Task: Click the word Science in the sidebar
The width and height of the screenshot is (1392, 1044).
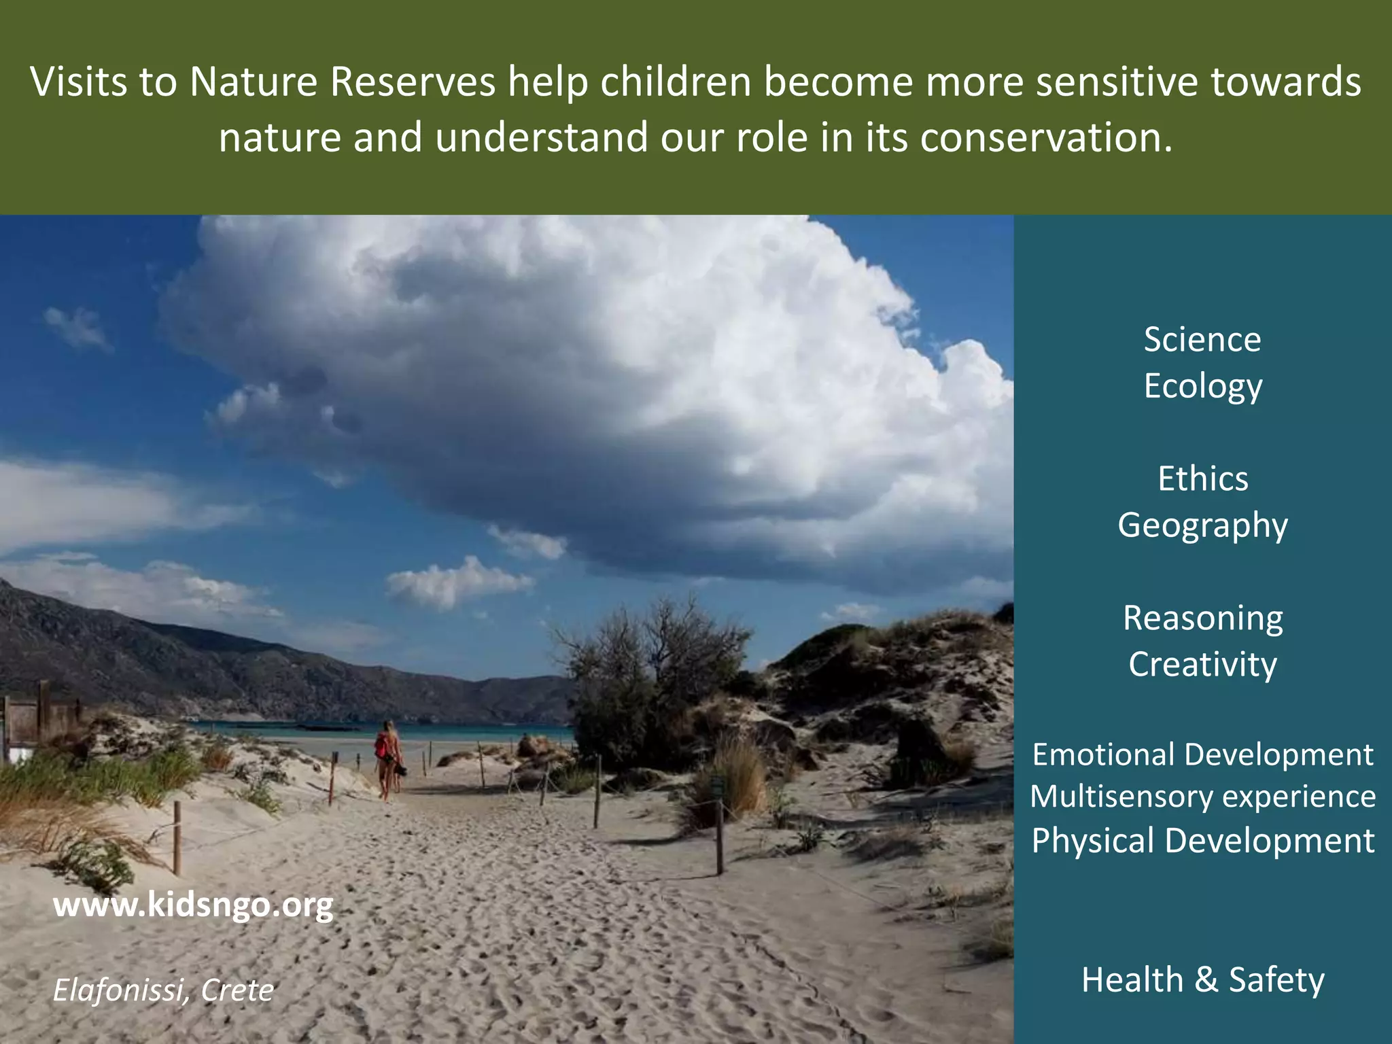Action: click(x=1202, y=339)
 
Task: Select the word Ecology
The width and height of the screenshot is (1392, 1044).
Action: click(x=1202, y=386)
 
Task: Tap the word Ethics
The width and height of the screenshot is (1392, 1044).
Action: click(x=1202, y=478)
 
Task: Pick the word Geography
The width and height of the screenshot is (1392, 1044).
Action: click(x=1202, y=525)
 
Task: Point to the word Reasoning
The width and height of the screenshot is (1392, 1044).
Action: click(x=1202, y=618)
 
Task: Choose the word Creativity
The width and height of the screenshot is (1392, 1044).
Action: click(x=1202, y=664)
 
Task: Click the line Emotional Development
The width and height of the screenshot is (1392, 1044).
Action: click(x=1202, y=754)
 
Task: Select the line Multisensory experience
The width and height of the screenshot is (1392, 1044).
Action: click(x=1202, y=797)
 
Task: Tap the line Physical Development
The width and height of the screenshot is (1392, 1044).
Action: click(x=1202, y=841)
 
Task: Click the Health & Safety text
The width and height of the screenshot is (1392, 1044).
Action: click(x=1202, y=979)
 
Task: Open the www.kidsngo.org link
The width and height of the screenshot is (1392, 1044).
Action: click(x=193, y=905)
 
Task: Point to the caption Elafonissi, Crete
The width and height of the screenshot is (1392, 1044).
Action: click(x=163, y=990)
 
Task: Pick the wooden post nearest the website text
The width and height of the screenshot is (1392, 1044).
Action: click(x=177, y=837)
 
